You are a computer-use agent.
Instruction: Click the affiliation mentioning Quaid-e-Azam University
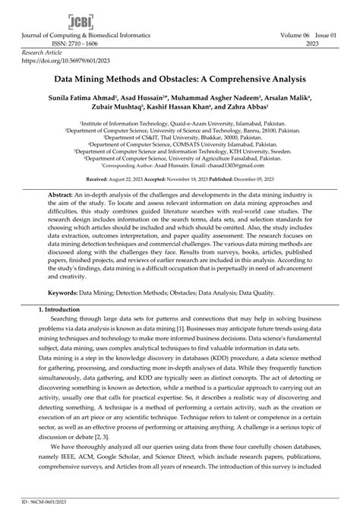(x=179, y=122)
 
